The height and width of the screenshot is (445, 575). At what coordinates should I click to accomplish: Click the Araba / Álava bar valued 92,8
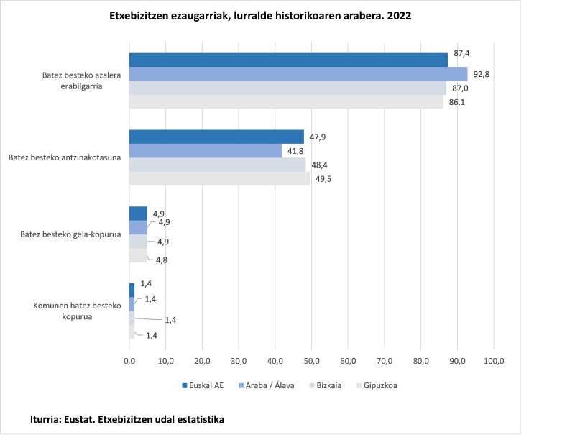click(x=298, y=73)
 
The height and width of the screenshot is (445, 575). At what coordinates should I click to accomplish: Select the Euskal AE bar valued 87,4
click(x=288, y=60)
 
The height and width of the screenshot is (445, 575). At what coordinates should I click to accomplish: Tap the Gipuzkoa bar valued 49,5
click(x=219, y=178)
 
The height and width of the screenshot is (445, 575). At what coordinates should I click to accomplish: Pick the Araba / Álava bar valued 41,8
click(x=205, y=150)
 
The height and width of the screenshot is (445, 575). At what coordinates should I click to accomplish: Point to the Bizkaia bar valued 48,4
click(x=217, y=165)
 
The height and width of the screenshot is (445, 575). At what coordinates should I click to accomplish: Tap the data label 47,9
click(x=318, y=137)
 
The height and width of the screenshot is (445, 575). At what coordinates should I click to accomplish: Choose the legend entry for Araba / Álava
click(x=264, y=385)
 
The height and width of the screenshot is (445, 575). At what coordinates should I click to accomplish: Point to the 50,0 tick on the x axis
click(x=312, y=360)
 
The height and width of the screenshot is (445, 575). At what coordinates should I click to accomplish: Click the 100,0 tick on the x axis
click(x=494, y=360)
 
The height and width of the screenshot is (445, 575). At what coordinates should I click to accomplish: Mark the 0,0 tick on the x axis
click(x=129, y=360)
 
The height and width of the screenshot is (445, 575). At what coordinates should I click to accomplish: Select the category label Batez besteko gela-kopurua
click(x=70, y=234)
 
